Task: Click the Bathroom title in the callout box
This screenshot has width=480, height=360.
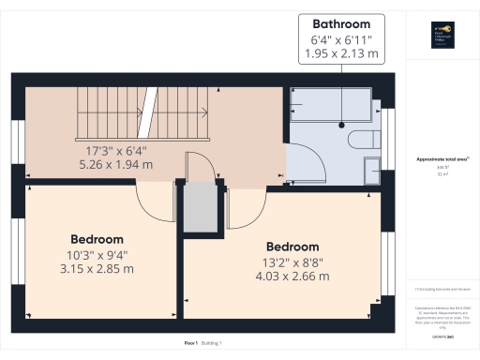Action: [x=341, y=23]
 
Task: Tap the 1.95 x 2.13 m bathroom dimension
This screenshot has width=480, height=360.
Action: [x=341, y=54]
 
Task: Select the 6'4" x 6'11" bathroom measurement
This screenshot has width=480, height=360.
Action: [x=341, y=39]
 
